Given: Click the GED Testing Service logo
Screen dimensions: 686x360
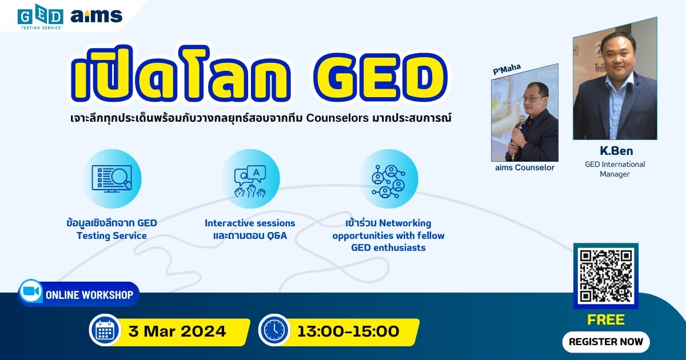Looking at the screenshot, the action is [x=41, y=17].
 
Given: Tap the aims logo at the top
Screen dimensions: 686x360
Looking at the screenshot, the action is [x=97, y=15].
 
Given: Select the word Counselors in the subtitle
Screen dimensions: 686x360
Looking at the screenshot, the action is [x=337, y=118].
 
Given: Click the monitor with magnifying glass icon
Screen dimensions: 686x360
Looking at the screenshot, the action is [x=112, y=179].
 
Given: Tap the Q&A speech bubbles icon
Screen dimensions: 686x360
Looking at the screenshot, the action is [x=250, y=181].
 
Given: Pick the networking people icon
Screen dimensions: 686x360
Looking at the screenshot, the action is [x=389, y=181].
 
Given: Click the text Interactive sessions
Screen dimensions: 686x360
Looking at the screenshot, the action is [x=250, y=223].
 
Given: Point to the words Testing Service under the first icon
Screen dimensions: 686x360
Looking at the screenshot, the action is [x=112, y=235].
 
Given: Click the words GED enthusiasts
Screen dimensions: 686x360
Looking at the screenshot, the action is [x=388, y=247].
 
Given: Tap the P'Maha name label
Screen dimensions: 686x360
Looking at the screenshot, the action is [x=507, y=69].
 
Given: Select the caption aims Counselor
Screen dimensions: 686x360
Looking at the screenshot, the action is [x=525, y=167].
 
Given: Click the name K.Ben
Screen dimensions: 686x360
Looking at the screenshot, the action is [x=616, y=151].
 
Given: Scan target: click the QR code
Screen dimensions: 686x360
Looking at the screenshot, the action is [x=606, y=276].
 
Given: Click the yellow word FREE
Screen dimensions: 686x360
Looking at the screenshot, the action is [x=606, y=319].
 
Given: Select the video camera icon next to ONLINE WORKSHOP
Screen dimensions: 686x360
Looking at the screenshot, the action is [x=31, y=291].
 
